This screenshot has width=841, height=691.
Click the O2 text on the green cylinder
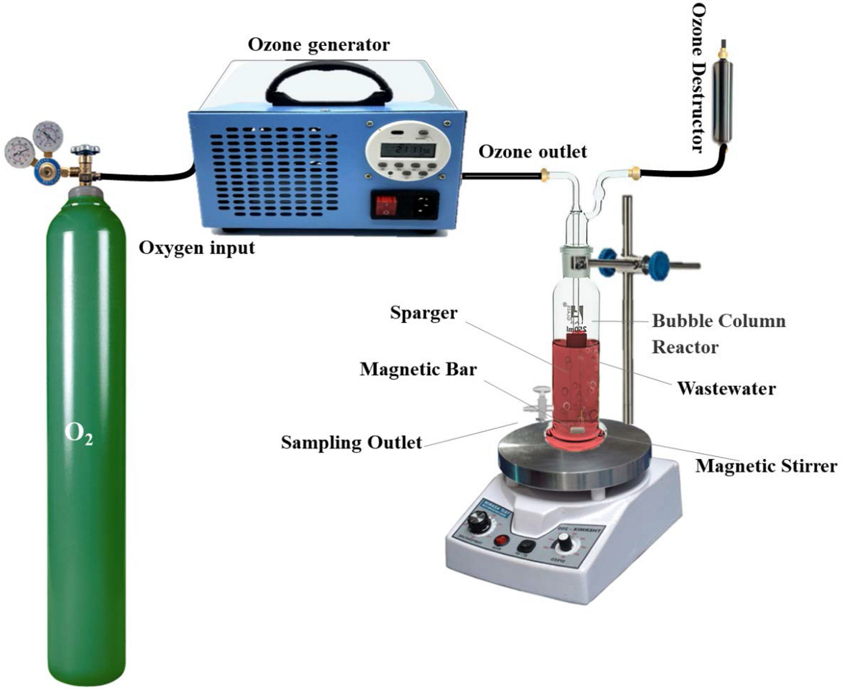[x=79, y=433]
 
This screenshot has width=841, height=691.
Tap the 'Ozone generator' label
[x=319, y=45]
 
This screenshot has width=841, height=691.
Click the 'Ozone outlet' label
[x=532, y=152]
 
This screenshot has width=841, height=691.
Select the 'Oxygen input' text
[x=196, y=248]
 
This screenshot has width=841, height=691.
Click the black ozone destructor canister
[x=722, y=101]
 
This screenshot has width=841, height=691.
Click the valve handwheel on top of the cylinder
[x=85, y=150]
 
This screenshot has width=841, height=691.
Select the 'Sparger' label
[x=424, y=313]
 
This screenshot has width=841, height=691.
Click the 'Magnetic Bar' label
[x=418, y=369]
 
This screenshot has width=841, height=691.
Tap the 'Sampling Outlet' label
[x=351, y=442]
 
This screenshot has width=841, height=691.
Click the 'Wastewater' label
[x=726, y=388]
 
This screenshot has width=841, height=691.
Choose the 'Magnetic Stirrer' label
[x=766, y=466]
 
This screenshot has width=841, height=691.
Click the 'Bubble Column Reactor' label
[x=718, y=333]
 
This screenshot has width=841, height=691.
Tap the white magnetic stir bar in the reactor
[x=577, y=430]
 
